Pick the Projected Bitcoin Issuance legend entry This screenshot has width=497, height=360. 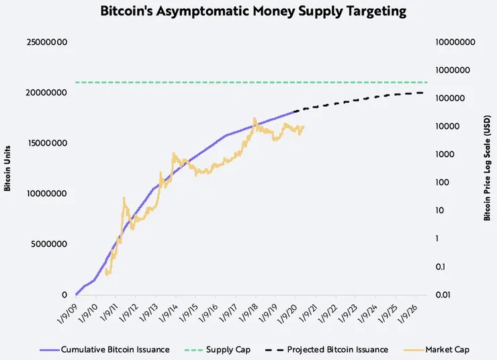click(337, 349)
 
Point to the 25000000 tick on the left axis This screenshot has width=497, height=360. click(46, 42)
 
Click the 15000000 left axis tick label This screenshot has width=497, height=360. click(46, 143)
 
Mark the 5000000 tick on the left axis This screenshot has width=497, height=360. click(48, 244)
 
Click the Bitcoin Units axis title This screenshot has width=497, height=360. click(7, 168)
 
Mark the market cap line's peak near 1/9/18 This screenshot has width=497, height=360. click(255, 119)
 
